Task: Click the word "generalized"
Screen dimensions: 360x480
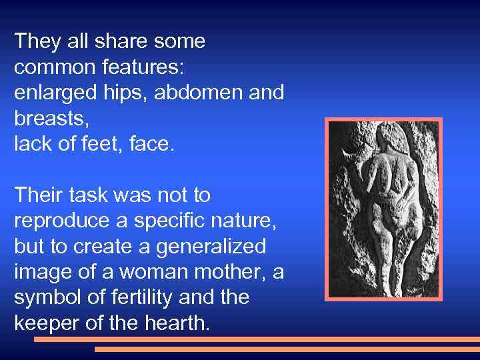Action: coord(211,247)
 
